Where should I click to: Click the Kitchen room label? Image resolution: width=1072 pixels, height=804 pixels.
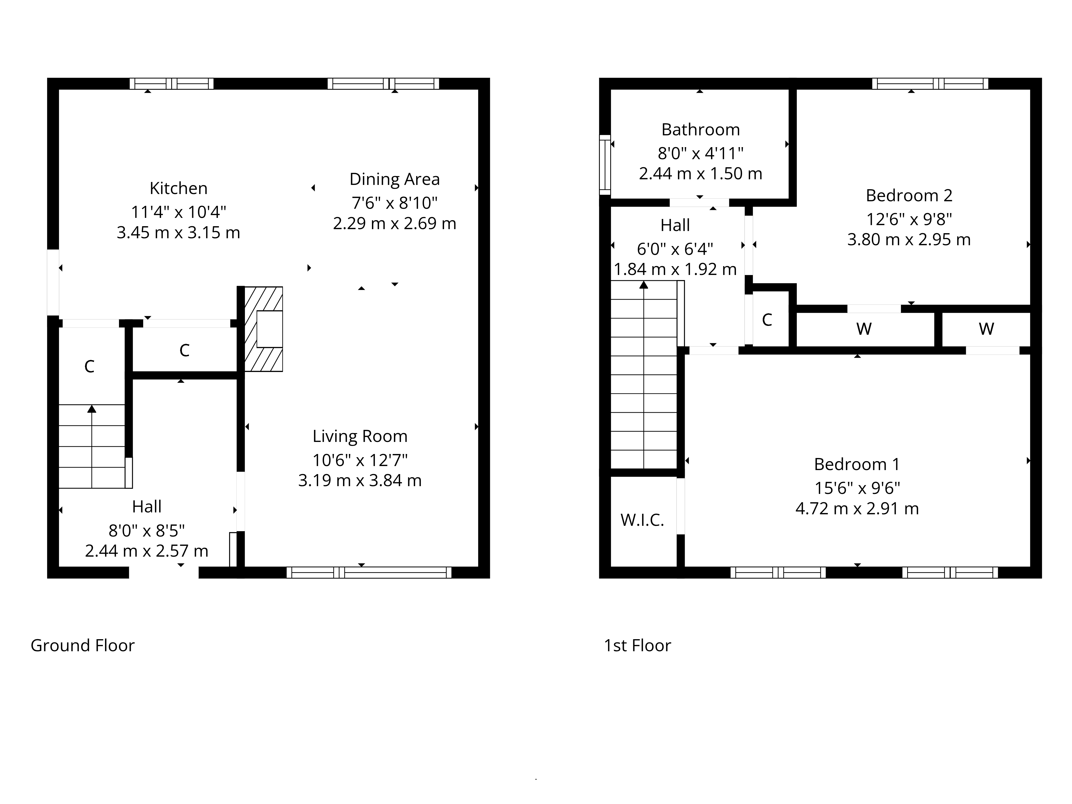pos(178,188)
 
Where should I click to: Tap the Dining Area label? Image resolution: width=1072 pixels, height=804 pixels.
pos(394,179)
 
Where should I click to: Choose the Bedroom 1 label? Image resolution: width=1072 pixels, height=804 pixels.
pos(857,464)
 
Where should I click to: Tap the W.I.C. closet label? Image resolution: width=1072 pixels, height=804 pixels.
pos(642,520)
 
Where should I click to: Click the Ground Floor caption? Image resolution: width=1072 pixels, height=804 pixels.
pos(82,646)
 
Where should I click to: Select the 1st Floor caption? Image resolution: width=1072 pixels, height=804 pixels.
pos(637,646)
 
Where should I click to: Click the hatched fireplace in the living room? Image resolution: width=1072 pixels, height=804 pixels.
pos(263,329)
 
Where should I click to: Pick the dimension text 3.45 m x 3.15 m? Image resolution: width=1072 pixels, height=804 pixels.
pos(178,233)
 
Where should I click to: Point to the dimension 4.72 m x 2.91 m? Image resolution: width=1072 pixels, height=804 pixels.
pos(857,508)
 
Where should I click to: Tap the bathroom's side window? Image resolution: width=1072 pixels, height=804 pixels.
pos(605,165)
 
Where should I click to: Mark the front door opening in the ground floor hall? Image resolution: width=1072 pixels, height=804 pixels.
pos(164,572)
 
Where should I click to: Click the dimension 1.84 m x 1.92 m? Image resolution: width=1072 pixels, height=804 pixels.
pos(675,269)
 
